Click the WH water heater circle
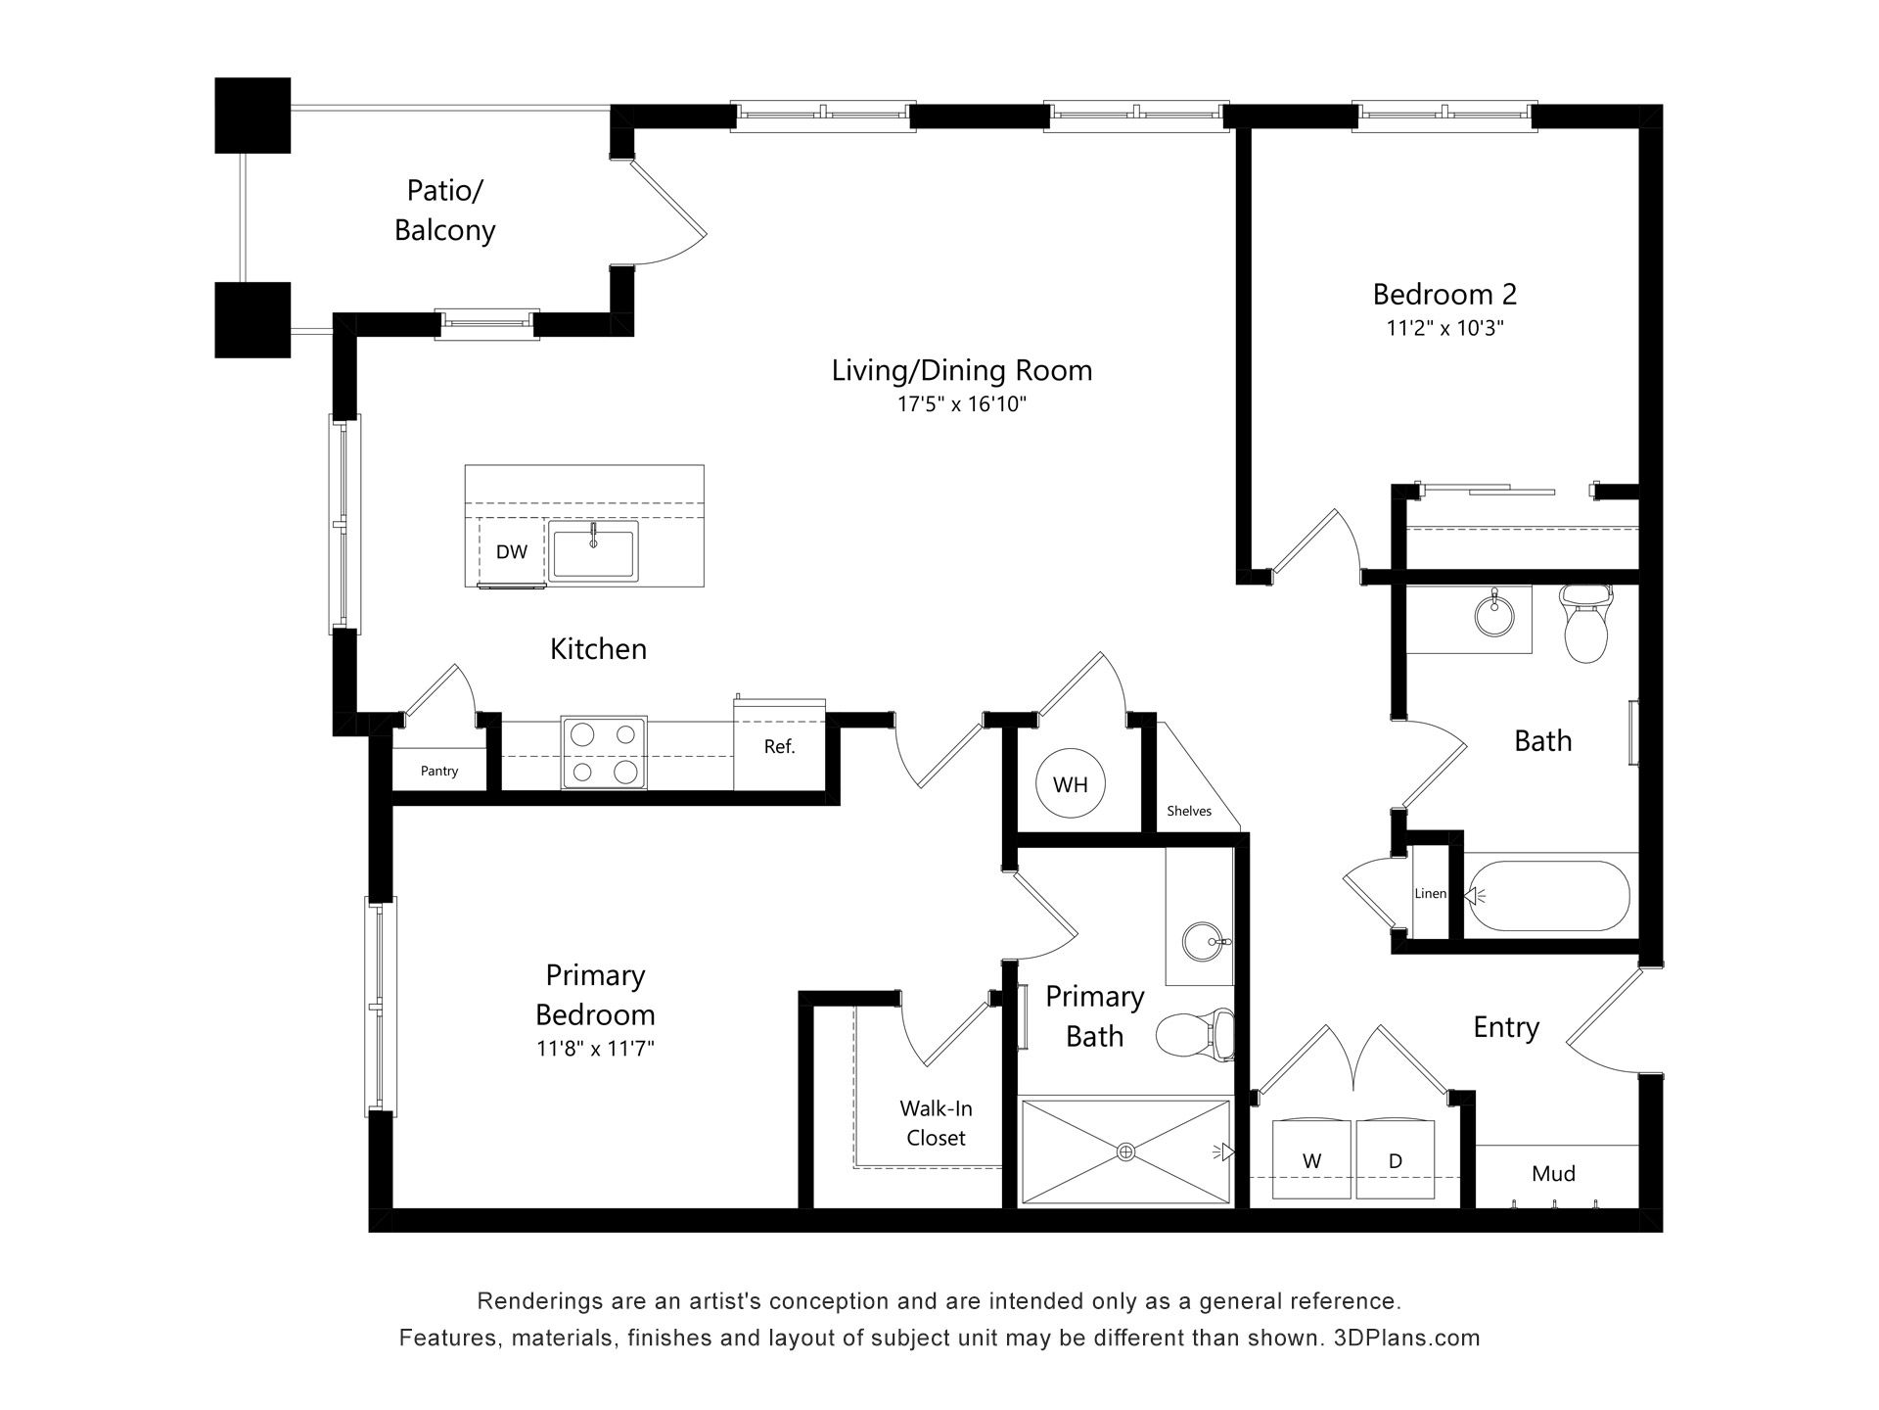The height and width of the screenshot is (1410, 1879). pos(1070,783)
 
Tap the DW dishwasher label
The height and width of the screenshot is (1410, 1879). pos(511,551)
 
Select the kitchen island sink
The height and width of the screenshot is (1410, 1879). pos(593,551)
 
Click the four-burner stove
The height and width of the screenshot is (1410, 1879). pos(604,753)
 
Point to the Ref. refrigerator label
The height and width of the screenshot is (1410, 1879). pos(779,747)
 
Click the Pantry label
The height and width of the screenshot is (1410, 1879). pos(439,772)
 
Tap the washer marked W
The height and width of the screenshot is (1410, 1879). pos(1311,1159)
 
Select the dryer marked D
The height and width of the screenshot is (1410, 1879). pos(1396,1159)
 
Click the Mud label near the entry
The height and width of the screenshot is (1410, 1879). pos(1553,1173)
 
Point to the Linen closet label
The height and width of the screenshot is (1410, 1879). pos(1430,894)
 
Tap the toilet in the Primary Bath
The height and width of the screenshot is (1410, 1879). pos(1195,1034)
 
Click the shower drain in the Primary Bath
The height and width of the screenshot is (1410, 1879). pos(1125,1151)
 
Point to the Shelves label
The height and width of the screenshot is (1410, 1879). pos(1189,811)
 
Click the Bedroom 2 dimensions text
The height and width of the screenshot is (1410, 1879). pos(1444,328)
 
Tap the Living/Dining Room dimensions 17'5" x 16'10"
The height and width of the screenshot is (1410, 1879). pos(962,403)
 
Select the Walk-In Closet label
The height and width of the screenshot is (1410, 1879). pos(936,1123)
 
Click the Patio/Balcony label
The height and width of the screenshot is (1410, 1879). pos(445,210)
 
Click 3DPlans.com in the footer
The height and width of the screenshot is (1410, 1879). pos(1407,1338)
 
